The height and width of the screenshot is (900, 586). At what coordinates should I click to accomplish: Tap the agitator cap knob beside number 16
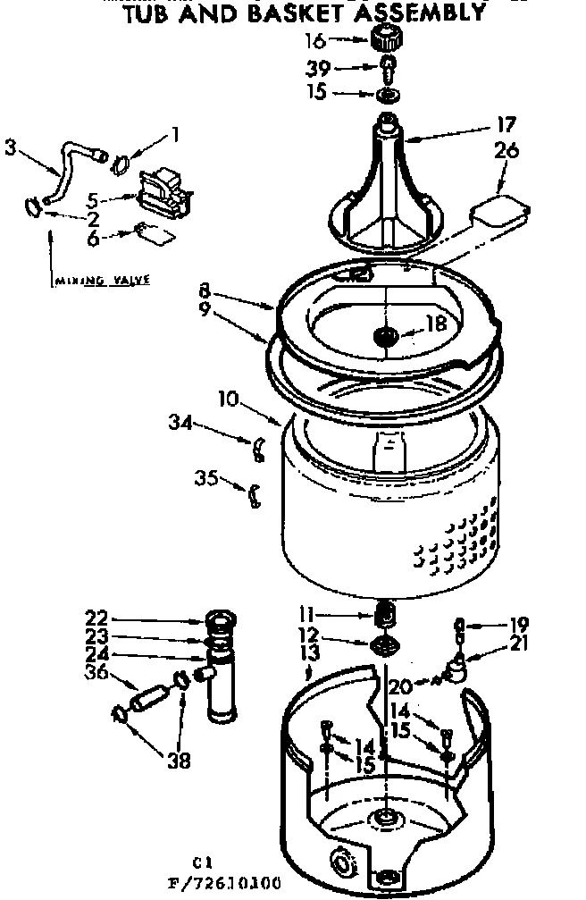(385, 39)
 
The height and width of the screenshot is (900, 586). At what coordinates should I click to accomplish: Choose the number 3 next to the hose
(12, 147)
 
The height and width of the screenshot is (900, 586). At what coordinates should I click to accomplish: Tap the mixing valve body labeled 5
(166, 190)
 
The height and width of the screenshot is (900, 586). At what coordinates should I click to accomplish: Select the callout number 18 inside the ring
(435, 324)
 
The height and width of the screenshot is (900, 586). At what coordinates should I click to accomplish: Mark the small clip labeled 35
(254, 493)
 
